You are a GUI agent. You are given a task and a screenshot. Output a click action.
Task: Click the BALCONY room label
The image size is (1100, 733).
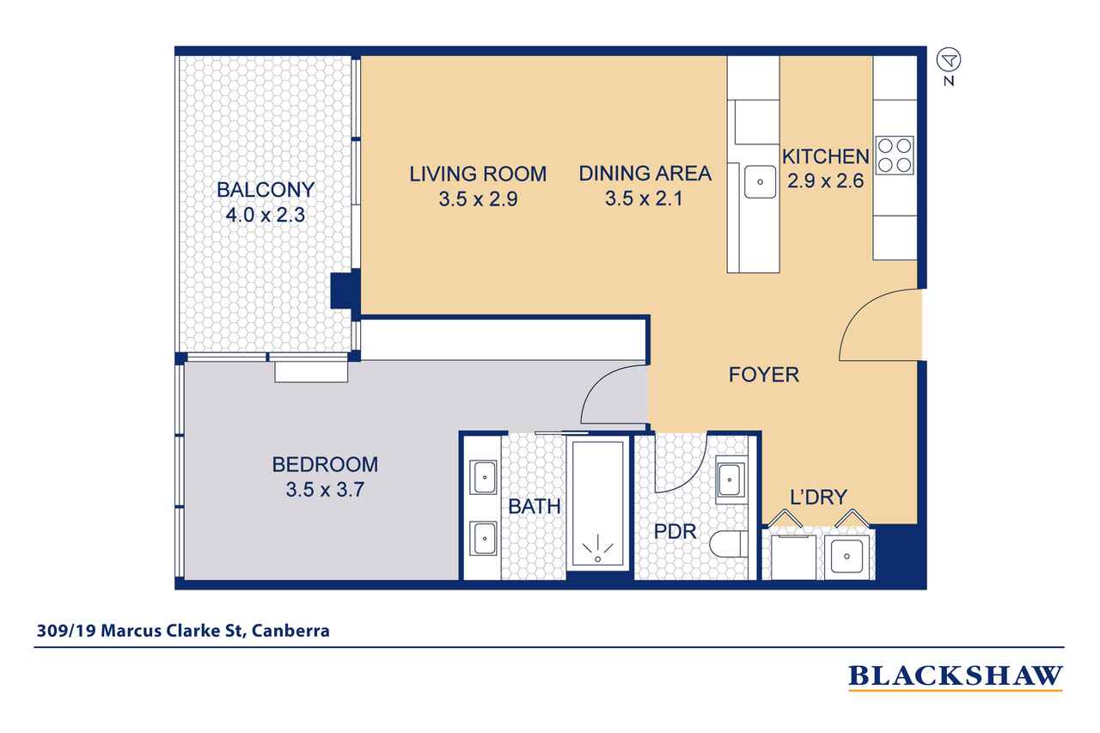265,189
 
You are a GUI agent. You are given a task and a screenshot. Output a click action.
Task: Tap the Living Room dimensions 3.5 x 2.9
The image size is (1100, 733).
477,200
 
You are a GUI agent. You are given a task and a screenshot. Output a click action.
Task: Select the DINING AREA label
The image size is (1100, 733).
645,174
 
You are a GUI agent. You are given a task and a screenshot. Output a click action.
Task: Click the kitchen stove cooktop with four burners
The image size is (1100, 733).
894,156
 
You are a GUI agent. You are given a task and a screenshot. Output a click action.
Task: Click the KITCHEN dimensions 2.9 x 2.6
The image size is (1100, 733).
825,181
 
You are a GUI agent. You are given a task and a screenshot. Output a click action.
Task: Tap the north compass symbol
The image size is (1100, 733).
949,59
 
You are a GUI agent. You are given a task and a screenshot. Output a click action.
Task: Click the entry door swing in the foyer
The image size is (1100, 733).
877,327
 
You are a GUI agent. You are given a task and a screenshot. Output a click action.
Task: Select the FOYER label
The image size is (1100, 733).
763,375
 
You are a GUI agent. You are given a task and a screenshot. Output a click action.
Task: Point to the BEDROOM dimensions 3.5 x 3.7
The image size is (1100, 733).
324,492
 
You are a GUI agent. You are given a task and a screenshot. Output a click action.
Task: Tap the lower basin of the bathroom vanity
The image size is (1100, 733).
483,539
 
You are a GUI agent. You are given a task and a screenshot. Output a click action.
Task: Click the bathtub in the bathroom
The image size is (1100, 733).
599,507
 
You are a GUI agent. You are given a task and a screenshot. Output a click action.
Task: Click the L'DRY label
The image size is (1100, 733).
818,497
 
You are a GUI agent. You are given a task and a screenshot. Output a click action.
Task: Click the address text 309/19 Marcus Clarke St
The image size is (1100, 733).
183,631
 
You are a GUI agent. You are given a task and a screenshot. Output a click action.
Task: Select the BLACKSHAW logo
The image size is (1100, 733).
955,676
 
